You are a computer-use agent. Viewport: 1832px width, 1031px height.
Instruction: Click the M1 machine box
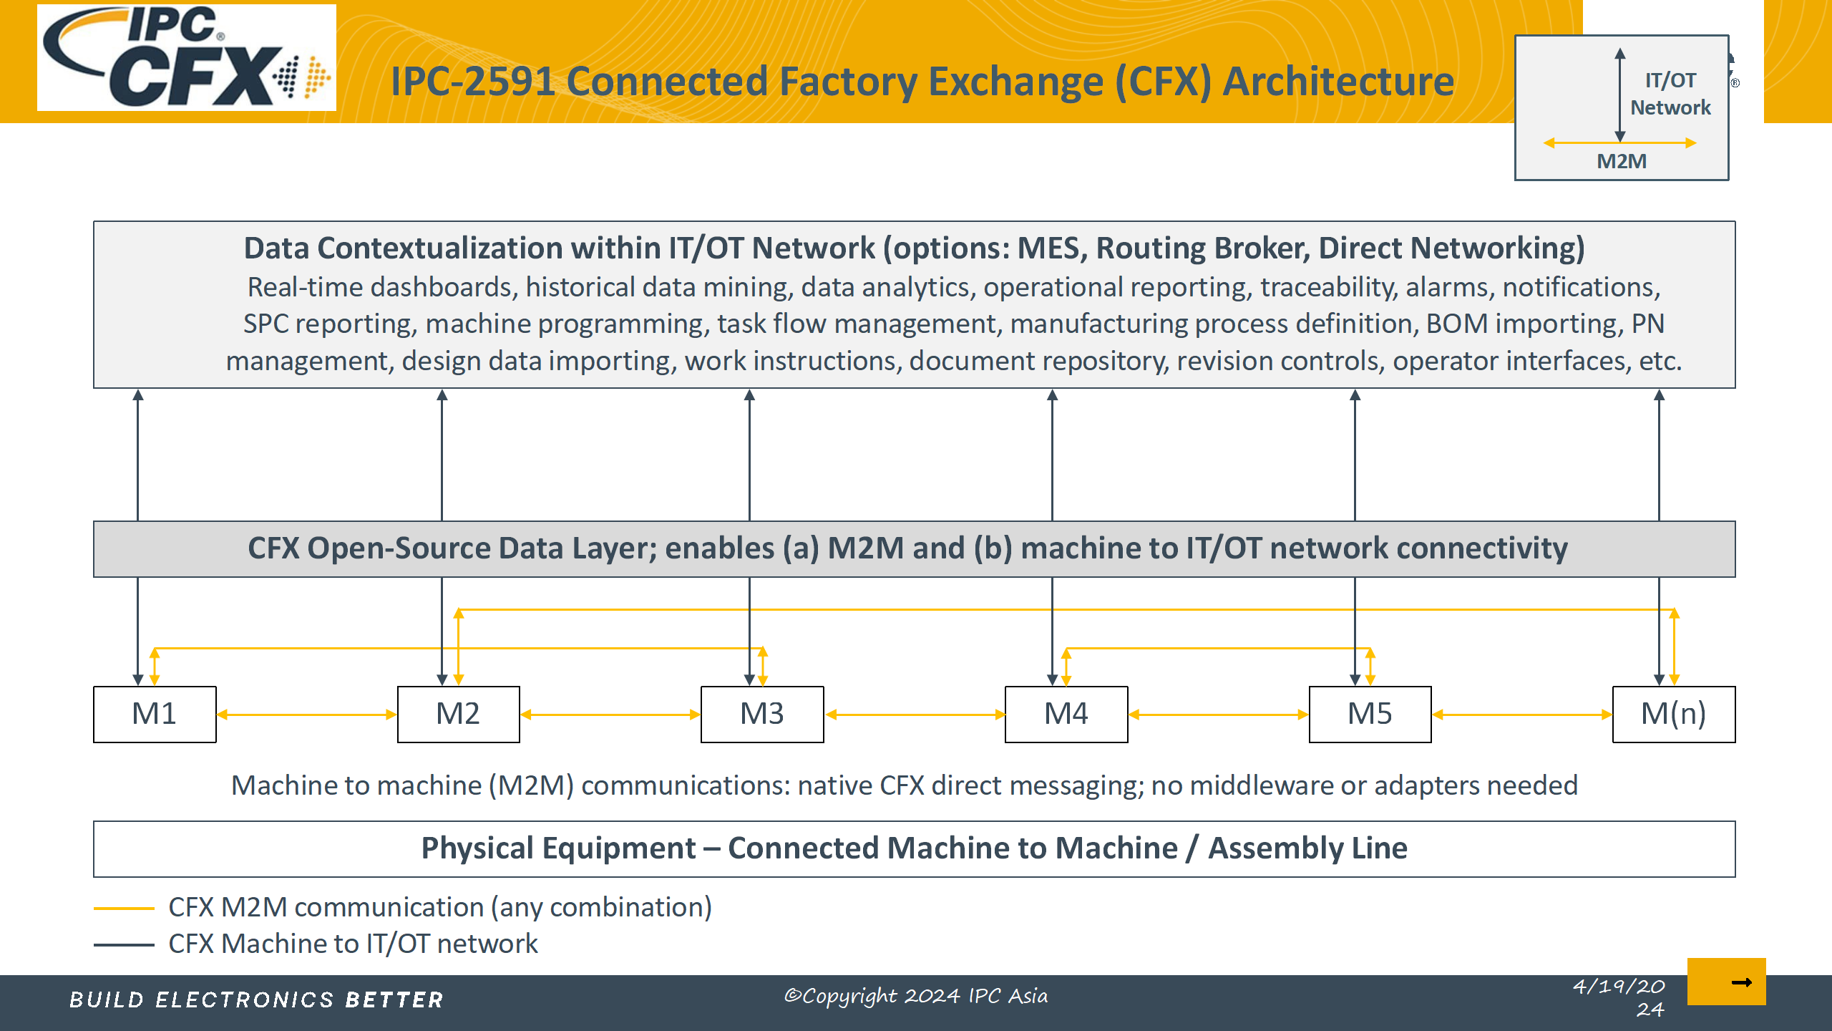pyautogui.click(x=155, y=714)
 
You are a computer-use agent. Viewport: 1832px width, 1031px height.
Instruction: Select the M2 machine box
pyautogui.click(x=458, y=714)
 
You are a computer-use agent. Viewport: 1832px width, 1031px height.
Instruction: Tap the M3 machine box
pyautogui.click(x=762, y=714)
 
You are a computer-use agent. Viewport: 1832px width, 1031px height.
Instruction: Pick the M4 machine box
pyautogui.click(x=1066, y=714)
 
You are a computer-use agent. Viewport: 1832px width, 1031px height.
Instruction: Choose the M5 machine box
pyautogui.click(x=1370, y=714)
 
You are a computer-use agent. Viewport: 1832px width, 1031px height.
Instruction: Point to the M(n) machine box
pyautogui.click(x=1673, y=714)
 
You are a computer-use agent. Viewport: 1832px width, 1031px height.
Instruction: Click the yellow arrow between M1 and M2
pyautogui.click(x=306, y=715)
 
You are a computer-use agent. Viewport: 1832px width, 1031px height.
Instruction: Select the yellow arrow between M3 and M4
pyautogui.click(x=915, y=715)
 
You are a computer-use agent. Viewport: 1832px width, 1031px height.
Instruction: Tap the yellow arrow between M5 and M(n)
pyautogui.click(x=1521, y=715)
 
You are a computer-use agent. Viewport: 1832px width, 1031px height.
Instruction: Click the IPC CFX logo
pyautogui.click(x=186, y=57)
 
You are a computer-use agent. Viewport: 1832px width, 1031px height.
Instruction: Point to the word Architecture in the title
pyautogui.click(x=1338, y=82)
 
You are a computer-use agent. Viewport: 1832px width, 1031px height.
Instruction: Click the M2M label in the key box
pyautogui.click(x=1622, y=162)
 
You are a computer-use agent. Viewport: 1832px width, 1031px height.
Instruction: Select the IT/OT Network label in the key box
pyautogui.click(x=1670, y=94)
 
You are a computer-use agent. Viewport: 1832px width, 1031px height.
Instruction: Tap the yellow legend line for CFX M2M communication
pyautogui.click(x=124, y=909)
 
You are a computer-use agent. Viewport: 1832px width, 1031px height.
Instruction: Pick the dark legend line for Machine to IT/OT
pyautogui.click(x=124, y=945)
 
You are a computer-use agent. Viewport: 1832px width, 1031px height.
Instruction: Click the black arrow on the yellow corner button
pyautogui.click(x=1741, y=982)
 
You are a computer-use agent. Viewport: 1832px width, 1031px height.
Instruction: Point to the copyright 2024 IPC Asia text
pyautogui.click(x=916, y=996)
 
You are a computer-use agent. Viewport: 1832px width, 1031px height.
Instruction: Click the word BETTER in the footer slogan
pyautogui.click(x=394, y=999)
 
